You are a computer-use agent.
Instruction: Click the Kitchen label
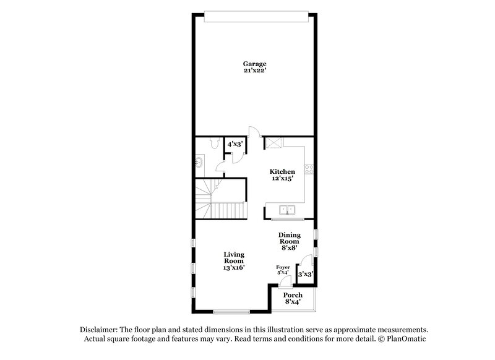[x=282, y=171]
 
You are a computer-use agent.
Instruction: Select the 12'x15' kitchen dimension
[x=282, y=178]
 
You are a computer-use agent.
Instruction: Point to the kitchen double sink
[x=287, y=210]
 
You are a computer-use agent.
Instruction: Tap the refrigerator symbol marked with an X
[x=273, y=144]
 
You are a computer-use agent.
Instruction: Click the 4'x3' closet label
[x=235, y=144]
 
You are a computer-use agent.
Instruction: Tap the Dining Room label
[x=290, y=238]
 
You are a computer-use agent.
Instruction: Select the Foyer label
[x=283, y=267]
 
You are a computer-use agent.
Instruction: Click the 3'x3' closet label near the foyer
[x=306, y=273]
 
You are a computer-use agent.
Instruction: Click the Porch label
[x=292, y=295]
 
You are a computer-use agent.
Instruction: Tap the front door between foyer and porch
[x=283, y=281]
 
